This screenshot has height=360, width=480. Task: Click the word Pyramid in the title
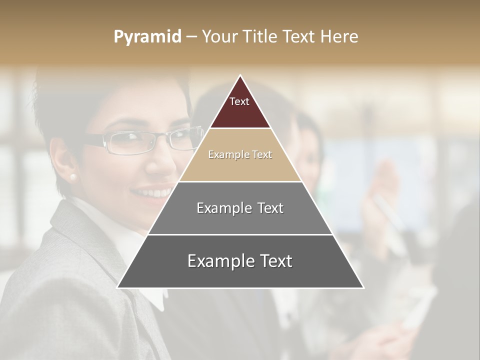coord(147,37)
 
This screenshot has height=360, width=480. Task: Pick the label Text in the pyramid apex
coord(239,101)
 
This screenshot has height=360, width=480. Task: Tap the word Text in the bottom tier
coord(272,261)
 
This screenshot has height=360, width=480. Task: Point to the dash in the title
coord(191,37)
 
